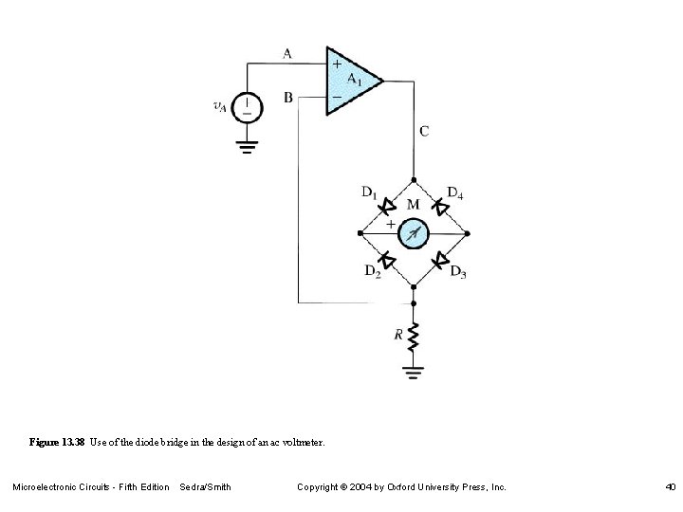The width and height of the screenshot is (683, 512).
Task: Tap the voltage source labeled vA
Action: coord(249,106)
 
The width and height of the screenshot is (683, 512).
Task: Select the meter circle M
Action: coord(414,231)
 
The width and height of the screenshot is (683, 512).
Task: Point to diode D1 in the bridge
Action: coord(387,205)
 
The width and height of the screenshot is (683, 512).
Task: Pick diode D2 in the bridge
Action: coord(386,259)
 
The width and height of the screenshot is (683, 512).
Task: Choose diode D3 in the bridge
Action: coord(441,259)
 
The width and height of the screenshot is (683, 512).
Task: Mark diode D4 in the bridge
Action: coord(440,205)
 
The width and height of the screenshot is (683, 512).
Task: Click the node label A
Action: coord(287,53)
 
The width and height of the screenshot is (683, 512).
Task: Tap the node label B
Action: coord(287,96)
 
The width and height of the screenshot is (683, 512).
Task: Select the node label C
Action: coord(424,131)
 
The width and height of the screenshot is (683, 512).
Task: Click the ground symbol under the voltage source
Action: coord(249,146)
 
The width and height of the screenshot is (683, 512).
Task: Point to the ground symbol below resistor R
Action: coord(414,373)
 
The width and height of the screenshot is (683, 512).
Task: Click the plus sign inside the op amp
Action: coord(336,64)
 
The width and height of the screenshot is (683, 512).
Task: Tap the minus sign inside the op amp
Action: coord(336,98)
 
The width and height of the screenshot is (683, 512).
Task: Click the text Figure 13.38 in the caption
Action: coord(57,443)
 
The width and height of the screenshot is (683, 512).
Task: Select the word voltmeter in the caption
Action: coord(304,443)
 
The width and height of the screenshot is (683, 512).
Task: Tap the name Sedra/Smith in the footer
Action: coord(205,487)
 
